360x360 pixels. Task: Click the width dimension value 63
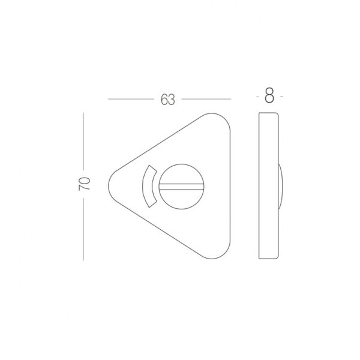pyautogui.click(x=168, y=100)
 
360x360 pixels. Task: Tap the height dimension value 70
pyautogui.click(x=84, y=184)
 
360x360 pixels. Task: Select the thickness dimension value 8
pyautogui.click(x=269, y=96)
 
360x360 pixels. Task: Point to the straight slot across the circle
pyautogui.click(x=181, y=187)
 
